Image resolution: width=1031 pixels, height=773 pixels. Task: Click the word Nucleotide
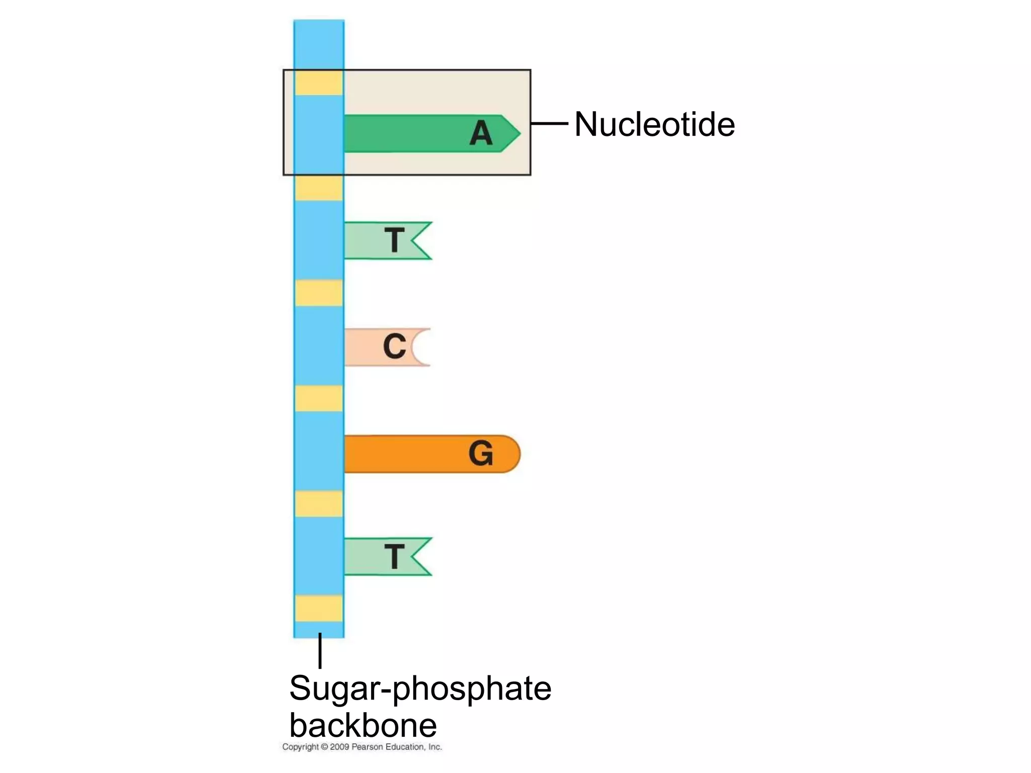(654, 124)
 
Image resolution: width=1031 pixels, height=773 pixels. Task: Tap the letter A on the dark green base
(481, 134)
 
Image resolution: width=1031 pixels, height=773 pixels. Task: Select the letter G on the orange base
(480, 453)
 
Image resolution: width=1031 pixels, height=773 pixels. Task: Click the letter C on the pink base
(394, 347)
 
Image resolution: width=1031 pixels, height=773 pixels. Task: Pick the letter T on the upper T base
(394, 241)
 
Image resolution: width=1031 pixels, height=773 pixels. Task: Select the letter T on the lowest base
(394, 557)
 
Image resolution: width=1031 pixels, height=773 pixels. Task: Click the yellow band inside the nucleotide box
(319, 83)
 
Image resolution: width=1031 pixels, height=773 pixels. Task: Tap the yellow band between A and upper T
(319, 188)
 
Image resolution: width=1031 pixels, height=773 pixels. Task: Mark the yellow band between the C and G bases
(319, 399)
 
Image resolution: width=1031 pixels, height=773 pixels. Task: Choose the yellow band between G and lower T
(319, 504)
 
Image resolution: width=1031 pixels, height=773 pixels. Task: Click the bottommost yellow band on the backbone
(319, 608)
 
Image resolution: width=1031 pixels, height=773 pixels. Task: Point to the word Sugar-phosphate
(420, 688)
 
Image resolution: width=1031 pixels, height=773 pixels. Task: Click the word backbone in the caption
(363, 725)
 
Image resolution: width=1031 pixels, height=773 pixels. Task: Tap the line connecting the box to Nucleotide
(549, 123)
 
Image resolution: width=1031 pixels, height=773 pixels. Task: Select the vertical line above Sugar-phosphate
(320, 651)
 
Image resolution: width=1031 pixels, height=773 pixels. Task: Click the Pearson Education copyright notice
(362, 747)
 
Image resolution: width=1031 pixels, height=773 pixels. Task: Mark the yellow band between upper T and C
(319, 293)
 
